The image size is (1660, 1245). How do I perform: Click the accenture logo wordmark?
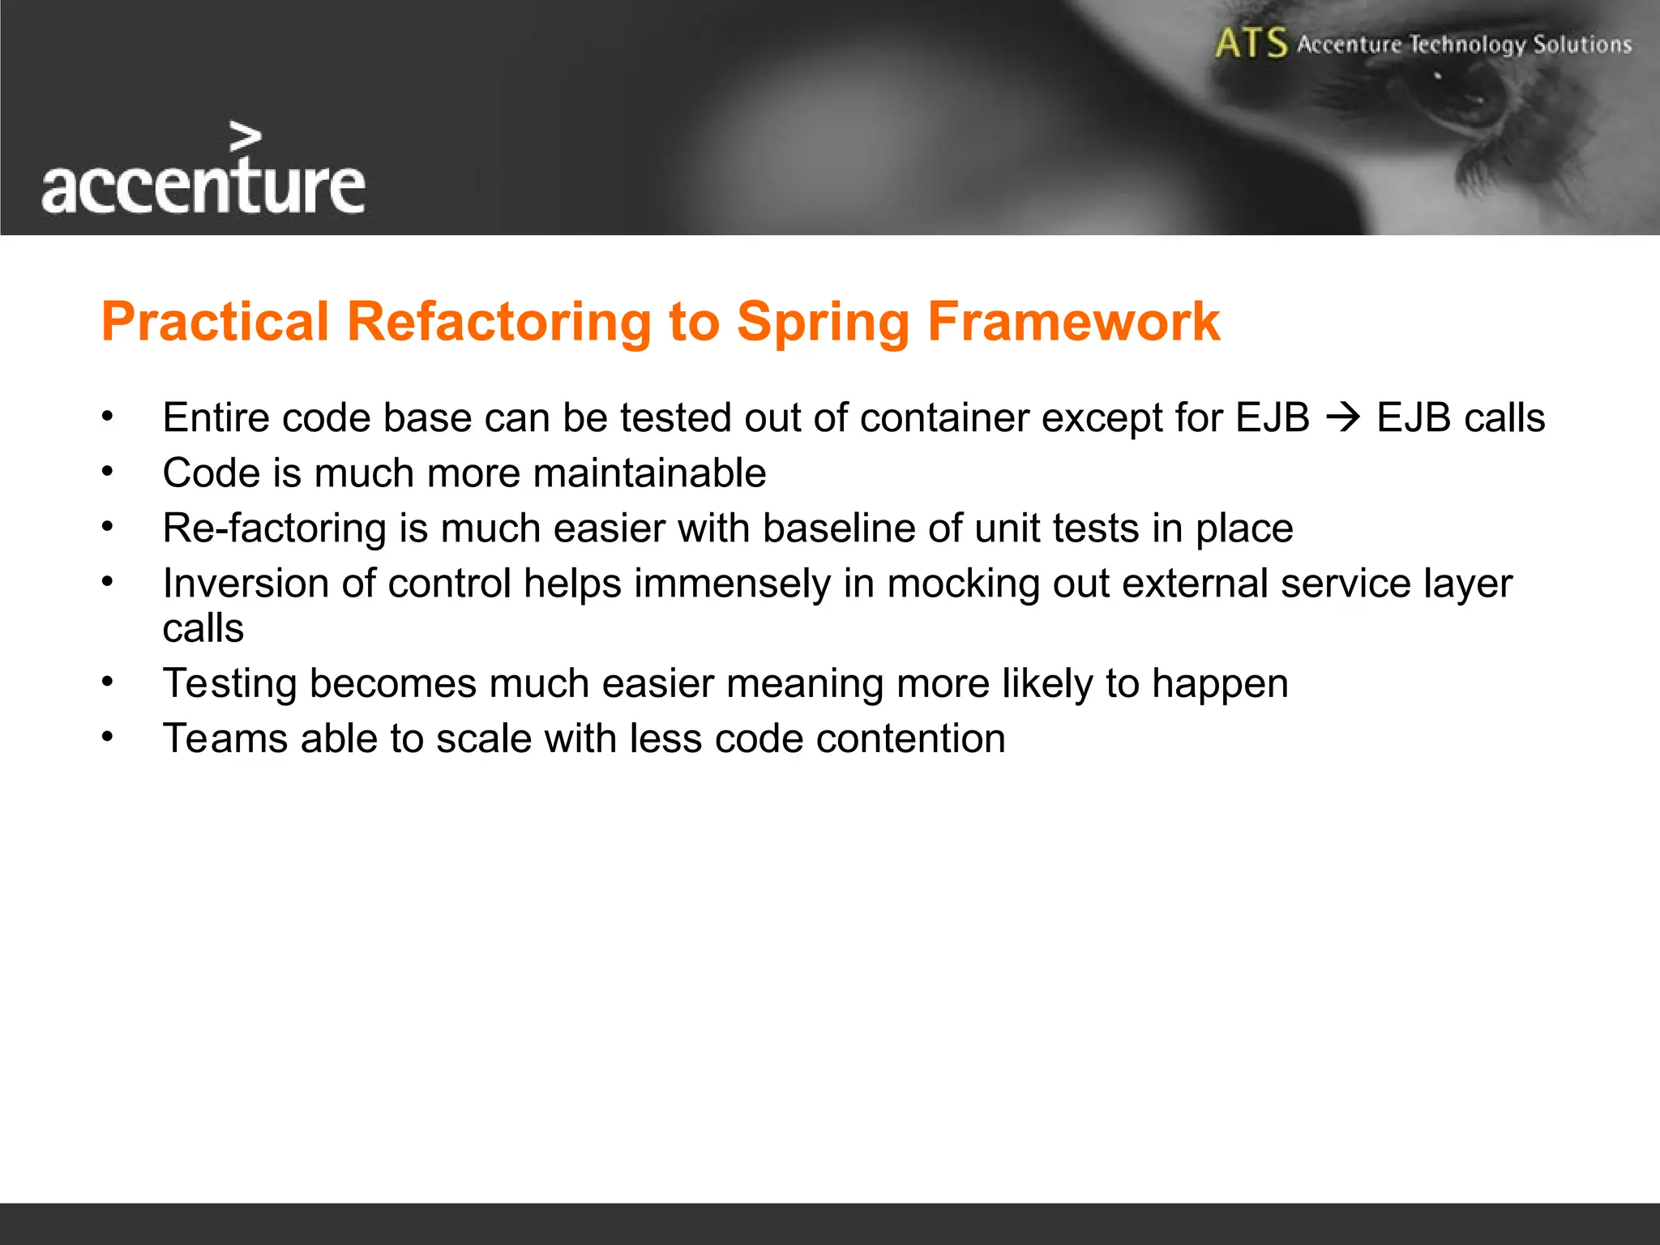[x=203, y=186]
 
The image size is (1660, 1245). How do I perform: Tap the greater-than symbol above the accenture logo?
[x=245, y=138]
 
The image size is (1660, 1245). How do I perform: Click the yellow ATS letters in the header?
[x=1251, y=43]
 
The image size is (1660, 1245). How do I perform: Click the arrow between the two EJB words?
[x=1343, y=418]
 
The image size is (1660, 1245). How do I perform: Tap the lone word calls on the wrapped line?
[x=203, y=629]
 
